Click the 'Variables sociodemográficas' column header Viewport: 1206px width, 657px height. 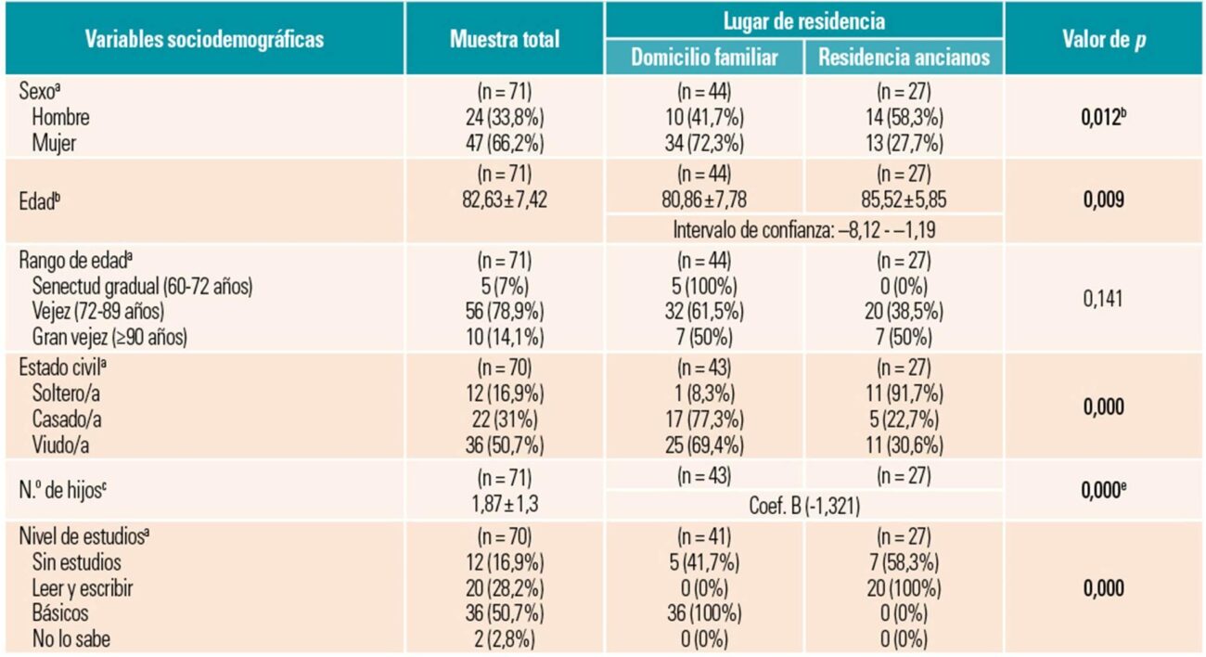click(205, 40)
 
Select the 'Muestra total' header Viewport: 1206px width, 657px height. click(505, 40)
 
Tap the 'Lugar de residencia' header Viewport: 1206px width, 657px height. click(803, 19)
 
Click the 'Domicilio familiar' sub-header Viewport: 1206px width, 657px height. click(704, 58)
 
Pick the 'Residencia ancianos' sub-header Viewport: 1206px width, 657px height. click(904, 58)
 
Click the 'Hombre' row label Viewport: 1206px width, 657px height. click(60, 118)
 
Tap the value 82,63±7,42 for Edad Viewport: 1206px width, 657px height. click(505, 200)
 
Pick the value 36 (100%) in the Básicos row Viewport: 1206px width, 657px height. click(704, 614)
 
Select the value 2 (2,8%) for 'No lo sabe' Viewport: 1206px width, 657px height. click(505, 639)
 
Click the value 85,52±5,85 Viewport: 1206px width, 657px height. click(904, 200)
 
